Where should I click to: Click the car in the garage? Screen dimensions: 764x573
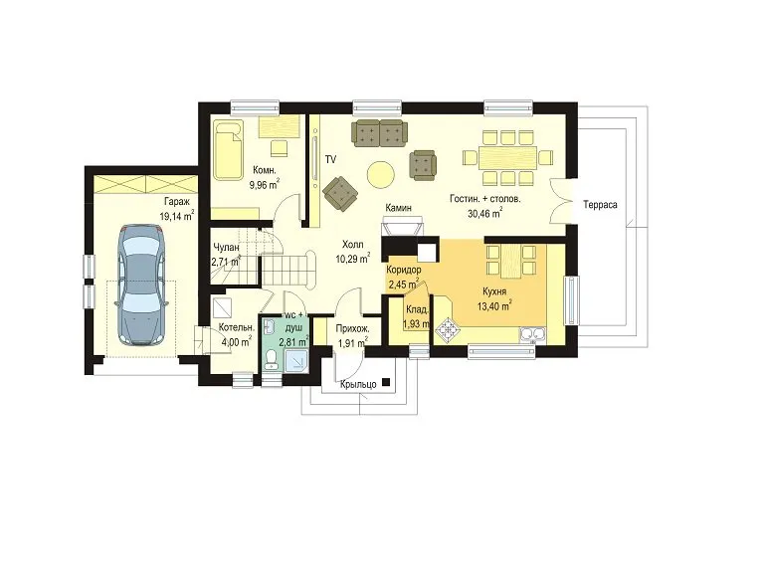pyautogui.click(x=140, y=286)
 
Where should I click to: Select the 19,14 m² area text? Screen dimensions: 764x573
pyautogui.click(x=177, y=216)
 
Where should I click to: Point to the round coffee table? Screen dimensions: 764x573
pyautogui.click(x=380, y=174)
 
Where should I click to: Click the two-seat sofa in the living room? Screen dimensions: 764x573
pyautogui.click(x=380, y=132)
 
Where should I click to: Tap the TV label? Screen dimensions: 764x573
pyautogui.click(x=331, y=159)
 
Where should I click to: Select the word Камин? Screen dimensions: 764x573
pyautogui.click(x=398, y=208)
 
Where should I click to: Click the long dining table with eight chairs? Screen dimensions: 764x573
pyautogui.click(x=507, y=157)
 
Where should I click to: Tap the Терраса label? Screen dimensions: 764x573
pyautogui.click(x=600, y=205)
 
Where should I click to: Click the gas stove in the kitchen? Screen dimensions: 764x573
pyautogui.click(x=448, y=329)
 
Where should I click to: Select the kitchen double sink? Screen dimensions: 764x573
pyautogui.click(x=533, y=334)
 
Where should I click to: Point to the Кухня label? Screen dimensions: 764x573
pyautogui.click(x=494, y=291)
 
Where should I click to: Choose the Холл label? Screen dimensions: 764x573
pyautogui.click(x=353, y=245)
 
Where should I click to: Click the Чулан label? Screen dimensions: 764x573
pyautogui.click(x=226, y=248)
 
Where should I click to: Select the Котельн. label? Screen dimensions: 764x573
pyautogui.click(x=237, y=327)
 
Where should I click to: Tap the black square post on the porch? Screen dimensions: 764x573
pyautogui.click(x=386, y=382)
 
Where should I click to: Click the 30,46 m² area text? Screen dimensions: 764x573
pyautogui.click(x=485, y=214)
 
